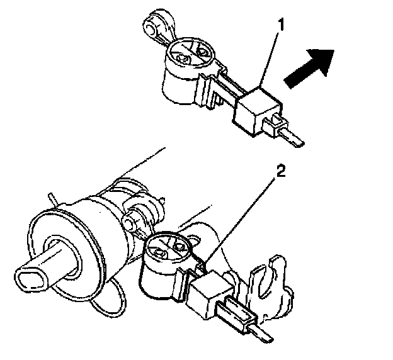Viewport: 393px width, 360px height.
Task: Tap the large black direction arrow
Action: [310, 70]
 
